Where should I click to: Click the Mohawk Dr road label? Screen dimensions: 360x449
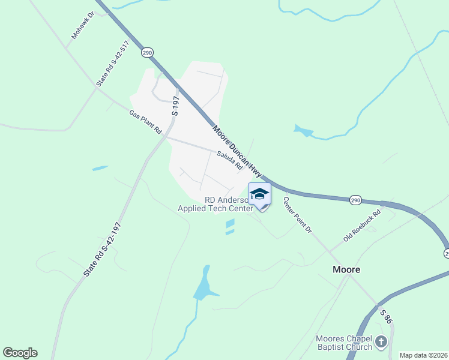coord(83,25)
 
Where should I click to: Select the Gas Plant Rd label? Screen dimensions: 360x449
coord(146,122)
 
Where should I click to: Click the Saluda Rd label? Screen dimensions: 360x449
coord(229,160)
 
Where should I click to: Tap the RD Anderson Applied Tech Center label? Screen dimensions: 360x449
coord(216,204)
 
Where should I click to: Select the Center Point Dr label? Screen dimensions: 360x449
coord(298,215)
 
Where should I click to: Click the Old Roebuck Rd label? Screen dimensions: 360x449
coord(362,226)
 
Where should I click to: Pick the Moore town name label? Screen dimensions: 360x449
coord(346,269)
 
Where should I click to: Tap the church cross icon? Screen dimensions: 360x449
coord(381,343)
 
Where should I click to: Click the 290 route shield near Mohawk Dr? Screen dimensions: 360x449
coord(147,53)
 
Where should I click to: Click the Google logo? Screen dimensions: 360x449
coord(20,353)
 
